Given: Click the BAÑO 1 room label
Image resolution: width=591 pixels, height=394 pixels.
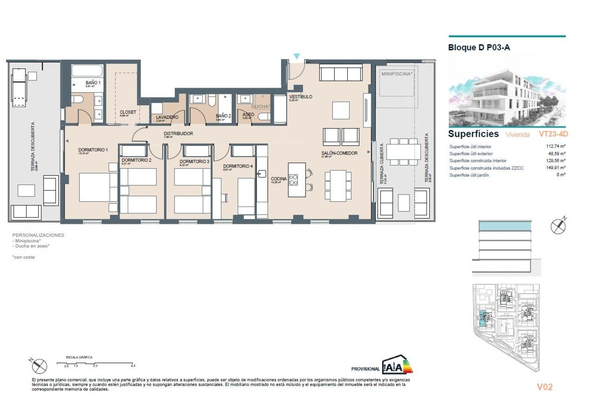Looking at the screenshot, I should [x=93, y=83].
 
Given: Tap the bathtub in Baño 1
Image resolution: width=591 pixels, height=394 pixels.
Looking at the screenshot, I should [x=87, y=71].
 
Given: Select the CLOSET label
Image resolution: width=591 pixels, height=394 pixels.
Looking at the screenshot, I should [x=128, y=112].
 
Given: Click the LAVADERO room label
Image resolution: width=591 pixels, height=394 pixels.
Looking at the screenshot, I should [x=167, y=117].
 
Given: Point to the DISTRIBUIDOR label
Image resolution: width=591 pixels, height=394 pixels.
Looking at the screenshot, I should [x=178, y=134].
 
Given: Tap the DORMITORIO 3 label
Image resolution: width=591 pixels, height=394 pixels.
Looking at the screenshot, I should [x=194, y=161].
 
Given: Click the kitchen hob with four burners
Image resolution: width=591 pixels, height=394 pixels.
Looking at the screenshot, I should [x=293, y=180].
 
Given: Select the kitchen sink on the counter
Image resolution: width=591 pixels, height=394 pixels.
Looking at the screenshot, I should [x=262, y=174].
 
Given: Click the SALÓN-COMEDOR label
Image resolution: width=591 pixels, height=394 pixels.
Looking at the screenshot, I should [x=339, y=153].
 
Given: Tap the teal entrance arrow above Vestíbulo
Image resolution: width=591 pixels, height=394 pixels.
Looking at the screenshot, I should [x=296, y=56].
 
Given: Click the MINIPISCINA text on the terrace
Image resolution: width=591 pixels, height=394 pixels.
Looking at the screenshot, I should [x=396, y=74].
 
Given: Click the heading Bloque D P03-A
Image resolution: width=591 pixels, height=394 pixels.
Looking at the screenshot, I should [x=479, y=47].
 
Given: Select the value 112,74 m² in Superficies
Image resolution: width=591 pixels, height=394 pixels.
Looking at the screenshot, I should [x=555, y=146].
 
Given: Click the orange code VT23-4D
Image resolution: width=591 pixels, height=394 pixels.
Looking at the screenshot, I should [x=553, y=134].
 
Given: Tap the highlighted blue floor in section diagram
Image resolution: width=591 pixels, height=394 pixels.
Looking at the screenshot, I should [x=505, y=227].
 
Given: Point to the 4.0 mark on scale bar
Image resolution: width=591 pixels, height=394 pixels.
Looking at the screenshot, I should [x=133, y=366].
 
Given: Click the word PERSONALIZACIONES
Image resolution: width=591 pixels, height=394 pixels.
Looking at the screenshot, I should [x=38, y=235].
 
